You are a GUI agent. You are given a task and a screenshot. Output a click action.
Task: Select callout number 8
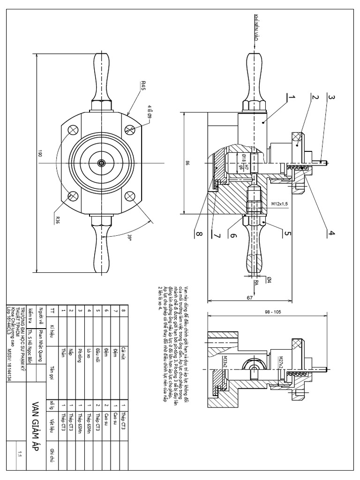coord(197,232)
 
